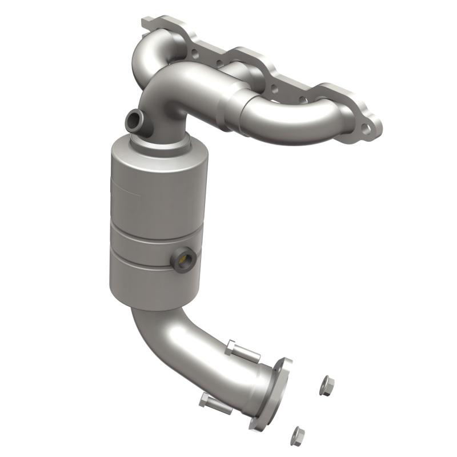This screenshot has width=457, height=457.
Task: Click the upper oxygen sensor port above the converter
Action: coord(134,120)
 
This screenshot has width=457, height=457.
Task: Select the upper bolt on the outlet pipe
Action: coord(243,351)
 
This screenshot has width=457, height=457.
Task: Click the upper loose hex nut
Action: coord(327,386)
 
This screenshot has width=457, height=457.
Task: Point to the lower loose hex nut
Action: coord(297,436)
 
